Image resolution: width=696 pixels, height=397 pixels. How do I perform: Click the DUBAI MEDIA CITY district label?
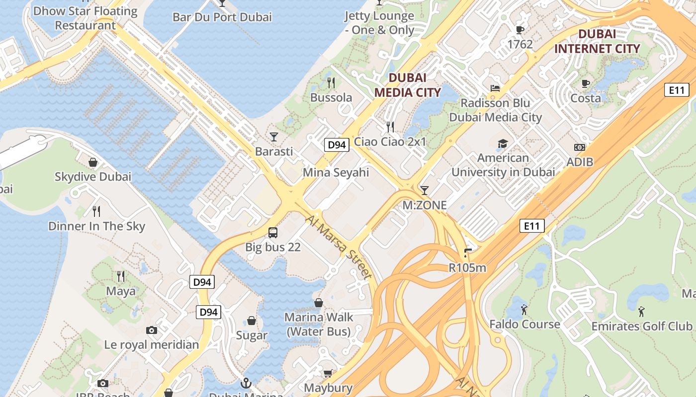pyautogui.click(x=407, y=85)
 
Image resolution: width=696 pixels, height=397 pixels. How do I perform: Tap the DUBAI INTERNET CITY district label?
pyautogui.click(x=597, y=41)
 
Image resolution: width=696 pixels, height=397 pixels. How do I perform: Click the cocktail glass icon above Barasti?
pyautogui.click(x=274, y=136)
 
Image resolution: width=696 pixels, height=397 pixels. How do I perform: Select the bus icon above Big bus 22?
pyautogui.click(x=273, y=232)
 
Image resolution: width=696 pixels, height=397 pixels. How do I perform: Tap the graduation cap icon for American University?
pyautogui.click(x=503, y=144)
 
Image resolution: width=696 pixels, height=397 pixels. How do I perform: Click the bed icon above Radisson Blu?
pyautogui.click(x=495, y=88)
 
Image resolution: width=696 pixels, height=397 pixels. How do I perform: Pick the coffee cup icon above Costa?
pyautogui.click(x=586, y=83)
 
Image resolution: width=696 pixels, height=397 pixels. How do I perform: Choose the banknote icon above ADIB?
pyautogui.click(x=580, y=147)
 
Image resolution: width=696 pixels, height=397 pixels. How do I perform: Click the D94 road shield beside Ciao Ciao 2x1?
pyautogui.click(x=337, y=145)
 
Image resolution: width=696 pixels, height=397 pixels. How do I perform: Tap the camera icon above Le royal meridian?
pyautogui.click(x=152, y=330)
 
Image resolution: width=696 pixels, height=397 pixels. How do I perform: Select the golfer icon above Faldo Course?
pyautogui.click(x=524, y=310)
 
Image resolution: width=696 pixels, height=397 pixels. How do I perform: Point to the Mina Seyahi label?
pyautogui.click(x=336, y=172)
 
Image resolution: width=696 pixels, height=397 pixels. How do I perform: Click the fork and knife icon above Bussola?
pyautogui.click(x=331, y=82)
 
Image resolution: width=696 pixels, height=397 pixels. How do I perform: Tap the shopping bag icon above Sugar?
pyautogui.click(x=252, y=321)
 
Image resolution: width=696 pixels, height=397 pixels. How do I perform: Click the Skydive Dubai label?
pyautogui.click(x=93, y=177)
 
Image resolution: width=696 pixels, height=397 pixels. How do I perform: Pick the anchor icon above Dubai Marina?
pyautogui.click(x=246, y=383)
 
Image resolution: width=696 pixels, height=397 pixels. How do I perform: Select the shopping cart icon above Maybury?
pyautogui.click(x=328, y=373)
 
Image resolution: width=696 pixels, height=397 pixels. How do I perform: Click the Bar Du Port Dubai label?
pyautogui.click(x=222, y=17)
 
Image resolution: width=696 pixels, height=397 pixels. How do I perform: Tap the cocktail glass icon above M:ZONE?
pyautogui.click(x=424, y=190)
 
